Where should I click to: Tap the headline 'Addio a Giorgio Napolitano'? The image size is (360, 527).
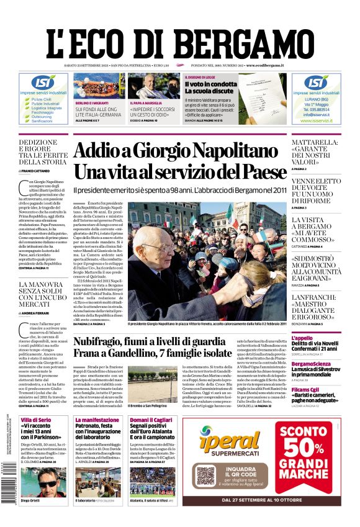[x=180, y=151]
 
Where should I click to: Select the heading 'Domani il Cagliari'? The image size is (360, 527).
[x=148, y=420]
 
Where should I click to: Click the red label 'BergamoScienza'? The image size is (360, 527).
[x=312, y=363]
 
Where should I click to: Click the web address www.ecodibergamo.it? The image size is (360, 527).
[x=265, y=65]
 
